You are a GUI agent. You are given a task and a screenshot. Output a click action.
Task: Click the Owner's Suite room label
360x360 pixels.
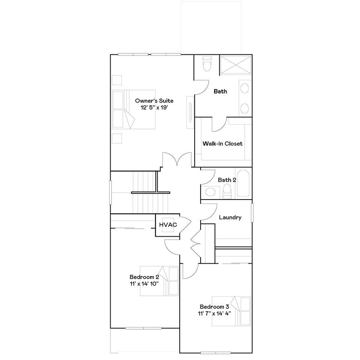coord(154,101)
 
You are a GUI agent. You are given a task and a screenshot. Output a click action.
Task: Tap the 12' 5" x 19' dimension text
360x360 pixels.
coord(154,108)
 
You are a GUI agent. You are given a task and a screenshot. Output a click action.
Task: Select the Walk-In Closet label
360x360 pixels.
coord(222,144)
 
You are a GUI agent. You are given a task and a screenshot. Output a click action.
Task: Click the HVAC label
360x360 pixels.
coord(168,225)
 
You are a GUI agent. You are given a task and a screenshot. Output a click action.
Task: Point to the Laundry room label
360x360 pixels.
coord(230,217)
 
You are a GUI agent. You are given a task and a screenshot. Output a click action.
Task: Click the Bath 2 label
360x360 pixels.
coord(227,180)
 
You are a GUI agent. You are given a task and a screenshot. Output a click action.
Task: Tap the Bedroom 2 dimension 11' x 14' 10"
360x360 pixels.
coord(144,284)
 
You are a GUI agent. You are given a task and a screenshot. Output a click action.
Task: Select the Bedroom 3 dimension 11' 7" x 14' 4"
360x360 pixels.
coord(214,313)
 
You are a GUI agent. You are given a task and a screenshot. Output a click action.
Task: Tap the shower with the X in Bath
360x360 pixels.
coord(236,64)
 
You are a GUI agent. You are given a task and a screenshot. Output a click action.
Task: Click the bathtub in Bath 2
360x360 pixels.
coord(243,183)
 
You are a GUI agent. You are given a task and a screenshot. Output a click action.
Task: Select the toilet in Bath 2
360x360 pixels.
coord(227,192)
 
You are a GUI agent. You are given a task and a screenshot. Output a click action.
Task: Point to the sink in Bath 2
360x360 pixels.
coord(210,192)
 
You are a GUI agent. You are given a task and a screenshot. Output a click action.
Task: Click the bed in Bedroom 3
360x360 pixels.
coord(231,311)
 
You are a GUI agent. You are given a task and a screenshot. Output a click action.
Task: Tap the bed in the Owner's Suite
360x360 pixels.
coord(133,109)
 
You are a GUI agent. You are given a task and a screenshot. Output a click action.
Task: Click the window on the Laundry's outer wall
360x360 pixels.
coord(252,213)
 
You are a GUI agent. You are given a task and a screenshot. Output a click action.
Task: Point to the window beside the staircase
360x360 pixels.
coord(110,192)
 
